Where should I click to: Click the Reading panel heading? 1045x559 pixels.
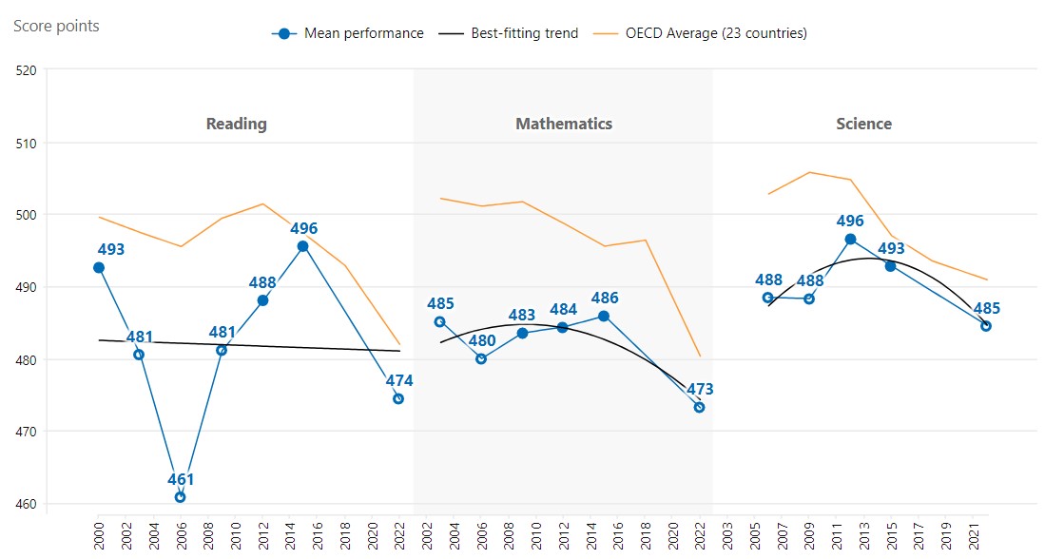click(x=236, y=124)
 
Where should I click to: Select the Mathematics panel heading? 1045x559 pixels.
click(x=564, y=124)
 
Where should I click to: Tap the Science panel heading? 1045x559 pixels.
click(x=863, y=124)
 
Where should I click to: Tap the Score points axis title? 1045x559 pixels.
click(x=56, y=26)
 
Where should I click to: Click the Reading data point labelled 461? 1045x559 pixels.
click(x=180, y=497)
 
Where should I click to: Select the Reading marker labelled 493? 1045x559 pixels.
click(x=99, y=268)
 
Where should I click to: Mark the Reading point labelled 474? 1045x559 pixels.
click(x=398, y=398)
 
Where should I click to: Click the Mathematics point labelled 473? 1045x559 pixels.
click(x=699, y=407)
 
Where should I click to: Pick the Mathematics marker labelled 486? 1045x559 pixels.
click(x=604, y=316)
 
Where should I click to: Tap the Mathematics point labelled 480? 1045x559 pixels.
click(x=481, y=358)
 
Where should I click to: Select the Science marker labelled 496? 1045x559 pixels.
click(x=850, y=239)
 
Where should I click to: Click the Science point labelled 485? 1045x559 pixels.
click(x=986, y=326)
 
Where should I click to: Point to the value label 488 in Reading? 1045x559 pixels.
click(x=262, y=282)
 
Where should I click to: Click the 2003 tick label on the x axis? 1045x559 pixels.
click(x=726, y=531)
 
